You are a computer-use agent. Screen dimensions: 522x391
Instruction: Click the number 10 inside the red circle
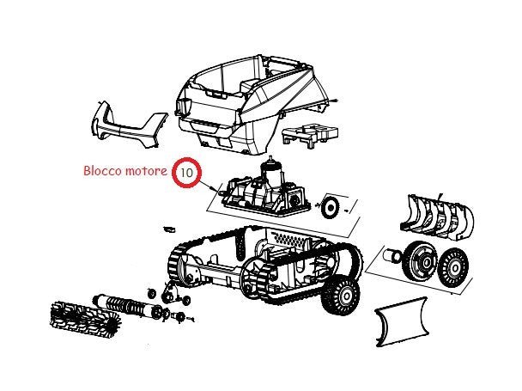pos(187,173)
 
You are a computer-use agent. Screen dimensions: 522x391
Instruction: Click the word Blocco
pos(102,171)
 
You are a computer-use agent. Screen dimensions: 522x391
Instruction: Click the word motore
pos(146,171)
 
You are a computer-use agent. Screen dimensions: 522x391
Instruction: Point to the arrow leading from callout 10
pos(208,185)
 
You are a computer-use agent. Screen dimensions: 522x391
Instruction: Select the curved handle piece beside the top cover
pos(128,125)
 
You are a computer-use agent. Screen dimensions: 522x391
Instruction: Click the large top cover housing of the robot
pos(247,102)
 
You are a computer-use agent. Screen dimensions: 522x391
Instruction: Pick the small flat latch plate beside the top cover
pos(310,135)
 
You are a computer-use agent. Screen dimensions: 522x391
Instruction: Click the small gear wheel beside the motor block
pos(331,207)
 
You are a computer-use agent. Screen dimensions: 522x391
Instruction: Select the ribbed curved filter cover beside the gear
pos(437,217)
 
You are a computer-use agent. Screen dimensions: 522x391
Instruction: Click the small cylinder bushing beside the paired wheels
pos(393,256)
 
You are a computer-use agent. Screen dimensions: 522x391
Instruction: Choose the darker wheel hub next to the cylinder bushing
pos(421,261)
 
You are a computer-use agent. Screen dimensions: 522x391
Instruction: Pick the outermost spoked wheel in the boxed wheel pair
pos(453,266)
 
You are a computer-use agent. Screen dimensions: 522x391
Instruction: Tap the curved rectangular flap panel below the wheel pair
pos(402,322)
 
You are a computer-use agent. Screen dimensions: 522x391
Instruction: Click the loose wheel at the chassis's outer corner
pos(341,295)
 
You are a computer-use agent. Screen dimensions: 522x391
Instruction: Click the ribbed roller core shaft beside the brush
pos(128,305)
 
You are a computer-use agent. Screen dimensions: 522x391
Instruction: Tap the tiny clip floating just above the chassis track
pos(169,229)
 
